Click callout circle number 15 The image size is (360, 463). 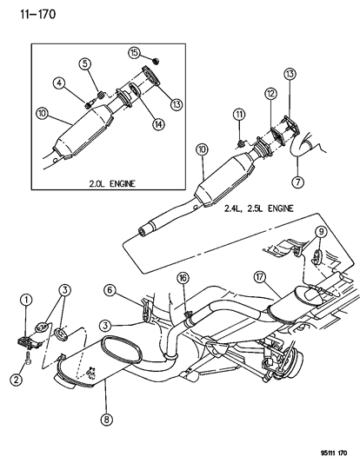135,52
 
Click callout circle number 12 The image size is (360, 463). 270,93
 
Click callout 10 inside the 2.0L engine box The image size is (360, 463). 41,112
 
